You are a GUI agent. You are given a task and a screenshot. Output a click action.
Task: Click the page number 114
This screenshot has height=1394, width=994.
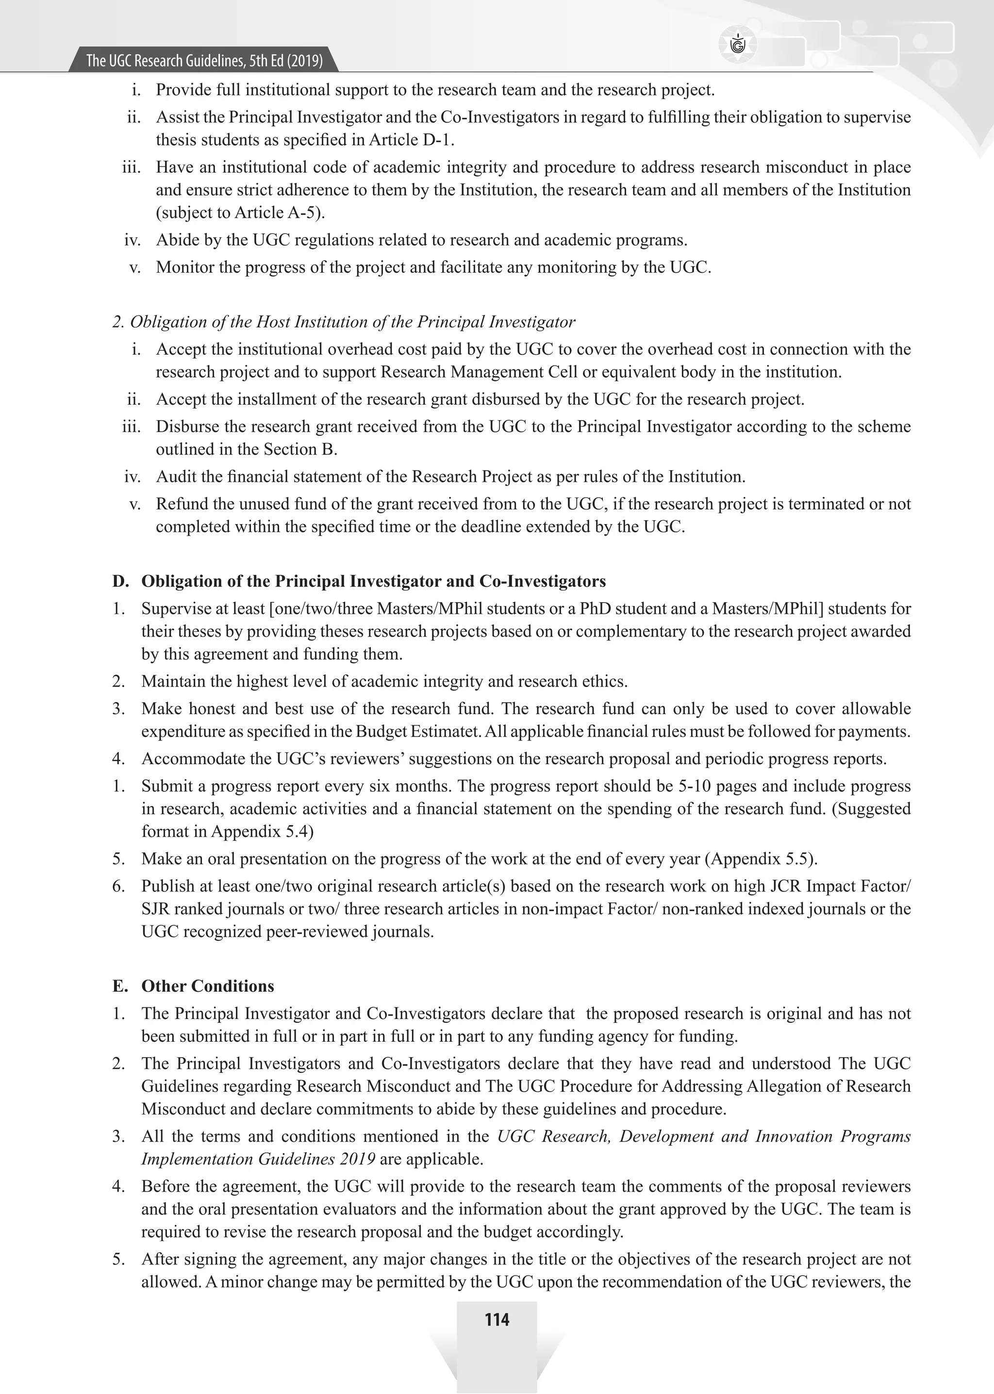(497, 1320)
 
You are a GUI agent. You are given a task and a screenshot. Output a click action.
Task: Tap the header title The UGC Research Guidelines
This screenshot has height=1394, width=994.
(204, 61)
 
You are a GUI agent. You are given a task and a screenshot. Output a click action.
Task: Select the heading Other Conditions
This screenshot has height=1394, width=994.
(208, 986)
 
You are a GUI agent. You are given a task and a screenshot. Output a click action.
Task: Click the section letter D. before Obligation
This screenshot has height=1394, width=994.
(120, 581)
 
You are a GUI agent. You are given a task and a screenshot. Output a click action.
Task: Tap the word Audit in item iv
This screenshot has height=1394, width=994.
(174, 476)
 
